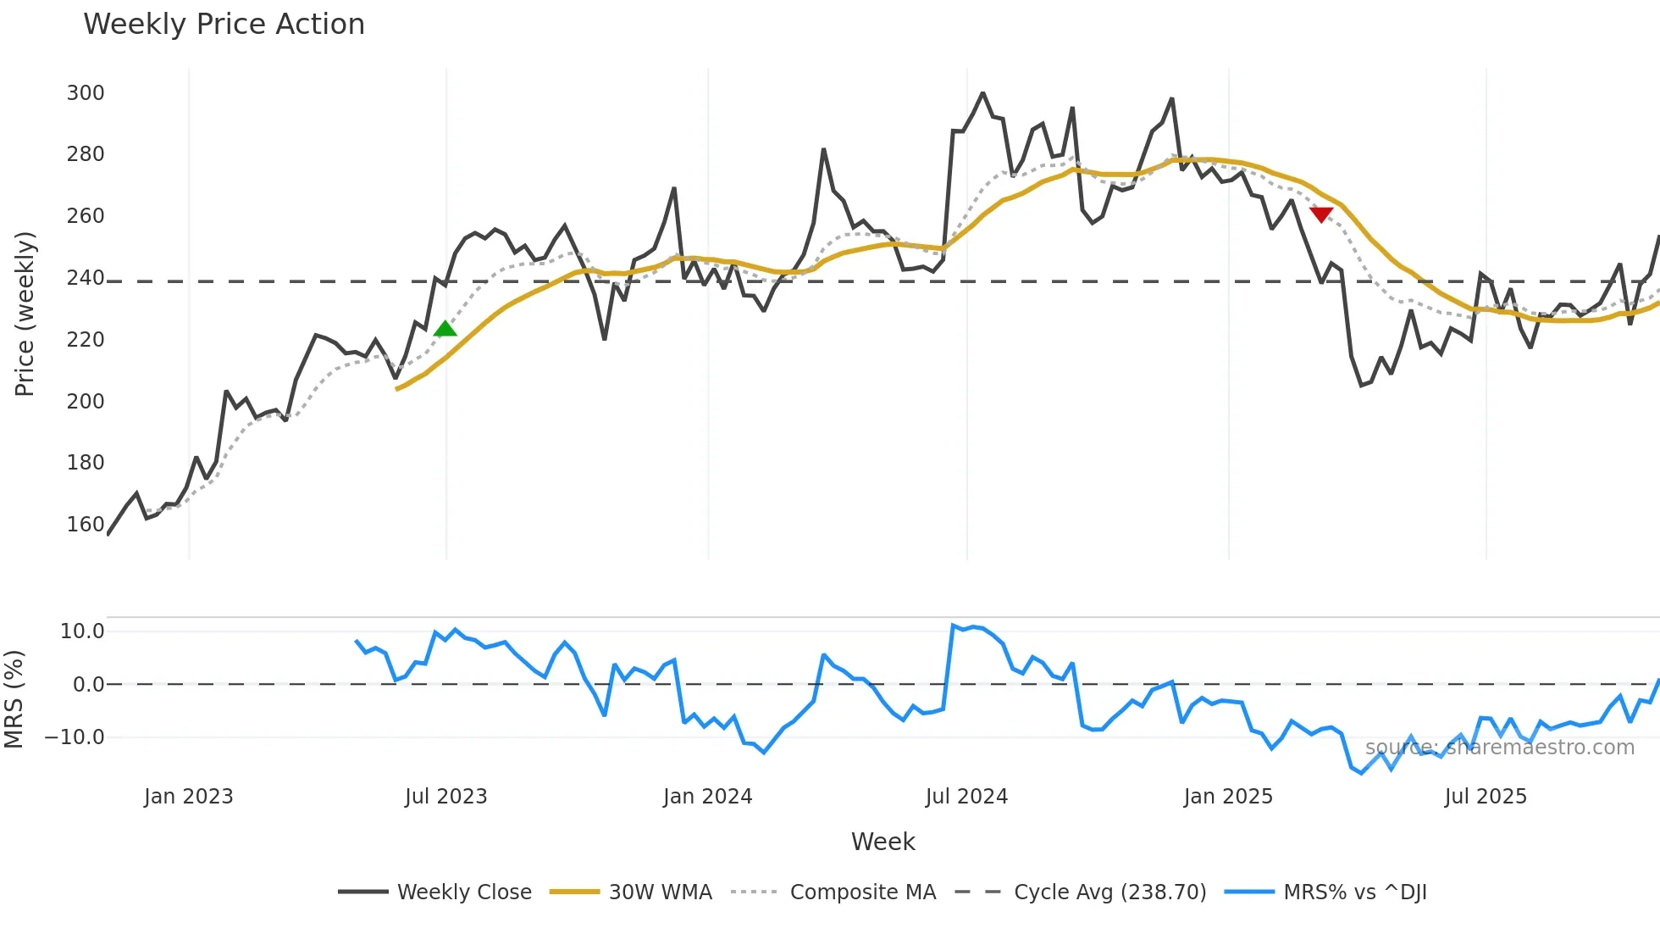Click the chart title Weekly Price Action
(x=224, y=25)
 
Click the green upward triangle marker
(x=445, y=329)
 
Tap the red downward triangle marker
(x=1321, y=214)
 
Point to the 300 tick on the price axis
(x=86, y=93)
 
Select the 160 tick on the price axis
(x=86, y=525)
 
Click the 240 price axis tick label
(x=86, y=278)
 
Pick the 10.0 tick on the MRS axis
(x=82, y=631)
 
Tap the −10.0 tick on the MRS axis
(x=75, y=737)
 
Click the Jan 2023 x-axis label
(x=188, y=797)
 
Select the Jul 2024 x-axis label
(x=966, y=797)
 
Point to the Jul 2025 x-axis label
(x=1486, y=797)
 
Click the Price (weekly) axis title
(x=25, y=314)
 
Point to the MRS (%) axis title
(x=14, y=699)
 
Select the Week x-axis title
(x=883, y=842)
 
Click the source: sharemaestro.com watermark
(x=1499, y=748)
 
